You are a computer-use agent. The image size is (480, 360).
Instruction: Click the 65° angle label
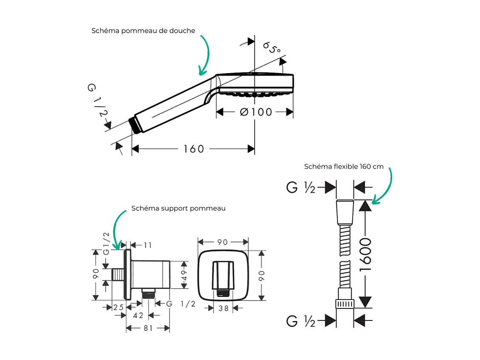point(271,47)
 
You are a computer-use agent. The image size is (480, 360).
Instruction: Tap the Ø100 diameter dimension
point(256,112)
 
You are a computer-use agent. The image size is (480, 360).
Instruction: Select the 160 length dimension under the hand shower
point(194,149)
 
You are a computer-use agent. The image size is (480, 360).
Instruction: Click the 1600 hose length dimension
point(365,254)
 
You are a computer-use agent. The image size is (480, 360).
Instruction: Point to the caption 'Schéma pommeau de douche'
point(143,31)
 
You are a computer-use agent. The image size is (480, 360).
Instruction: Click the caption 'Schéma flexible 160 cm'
point(344,166)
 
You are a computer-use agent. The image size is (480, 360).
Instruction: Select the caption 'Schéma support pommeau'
point(178,208)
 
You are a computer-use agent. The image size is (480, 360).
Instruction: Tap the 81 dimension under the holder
point(148,328)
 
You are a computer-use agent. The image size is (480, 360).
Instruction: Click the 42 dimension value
point(138,315)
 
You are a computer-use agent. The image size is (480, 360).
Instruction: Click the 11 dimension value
point(147,245)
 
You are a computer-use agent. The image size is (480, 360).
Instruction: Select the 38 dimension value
point(223,309)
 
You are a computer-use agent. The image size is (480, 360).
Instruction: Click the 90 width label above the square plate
point(223,242)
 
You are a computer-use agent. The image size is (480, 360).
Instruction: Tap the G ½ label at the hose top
point(301,187)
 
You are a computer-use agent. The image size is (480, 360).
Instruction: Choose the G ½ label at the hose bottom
point(301,321)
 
